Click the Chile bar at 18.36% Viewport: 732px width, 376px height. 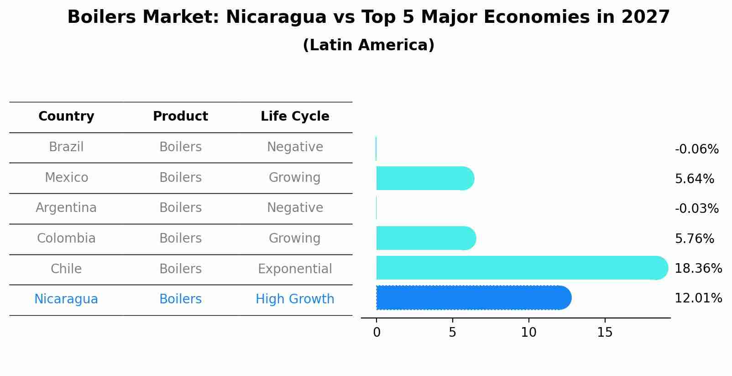click(x=520, y=268)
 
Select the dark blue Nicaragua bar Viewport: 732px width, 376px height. click(x=472, y=298)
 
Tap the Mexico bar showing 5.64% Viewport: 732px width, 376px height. click(x=424, y=178)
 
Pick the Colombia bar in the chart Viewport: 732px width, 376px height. click(x=425, y=238)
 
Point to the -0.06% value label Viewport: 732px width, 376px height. click(x=696, y=149)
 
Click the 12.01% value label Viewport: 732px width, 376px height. click(x=698, y=298)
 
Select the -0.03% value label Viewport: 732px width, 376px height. click(x=696, y=209)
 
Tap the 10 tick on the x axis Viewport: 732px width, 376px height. click(x=528, y=333)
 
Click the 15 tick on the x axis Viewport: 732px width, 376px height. click(x=605, y=333)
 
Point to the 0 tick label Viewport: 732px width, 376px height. click(x=376, y=333)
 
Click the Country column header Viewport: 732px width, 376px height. click(x=66, y=117)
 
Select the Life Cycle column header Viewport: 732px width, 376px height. click(x=295, y=117)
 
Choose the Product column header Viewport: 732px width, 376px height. click(x=180, y=117)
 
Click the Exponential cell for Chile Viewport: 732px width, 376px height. click(x=295, y=269)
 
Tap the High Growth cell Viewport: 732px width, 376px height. click(x=295, y=299)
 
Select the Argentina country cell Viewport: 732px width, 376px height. click(x=66, y=208)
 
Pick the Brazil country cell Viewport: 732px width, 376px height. click(x=66, y=147)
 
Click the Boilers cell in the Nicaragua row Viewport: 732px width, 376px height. click(x=180, y=299)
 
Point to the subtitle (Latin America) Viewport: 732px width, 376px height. click(x=368, y=45)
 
